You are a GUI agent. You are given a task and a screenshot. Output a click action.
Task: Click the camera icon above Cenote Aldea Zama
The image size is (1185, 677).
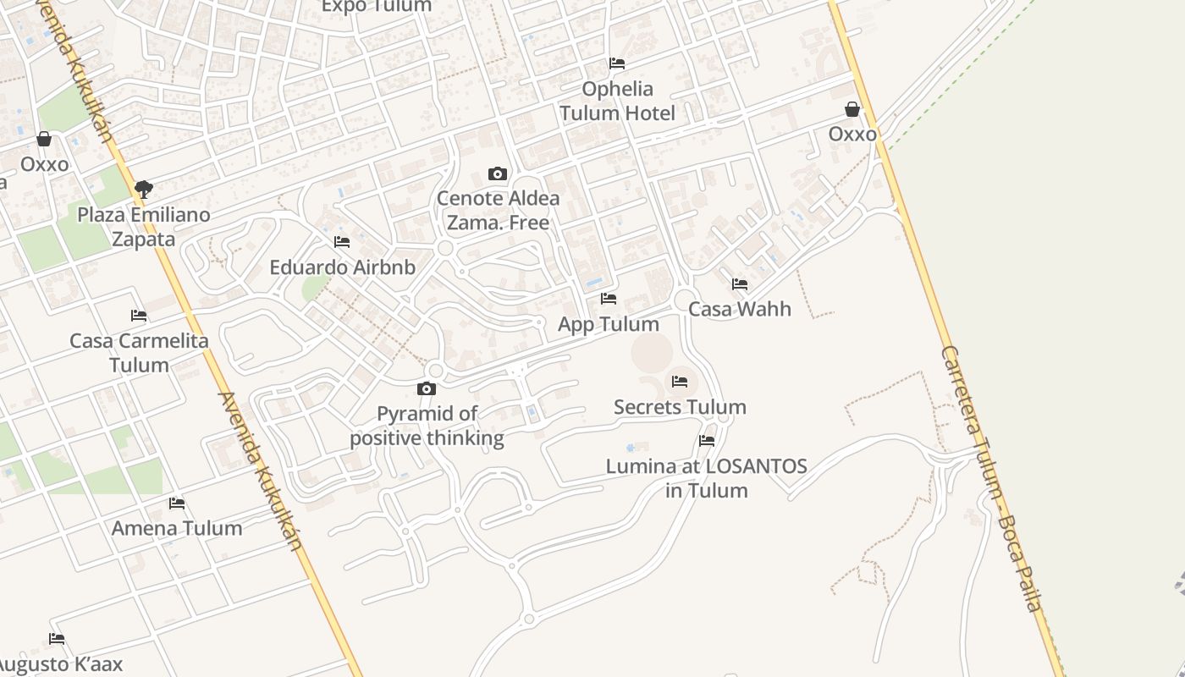tap(498, 174)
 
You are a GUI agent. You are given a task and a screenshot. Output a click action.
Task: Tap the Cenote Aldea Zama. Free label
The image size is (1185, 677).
tap(498, 211)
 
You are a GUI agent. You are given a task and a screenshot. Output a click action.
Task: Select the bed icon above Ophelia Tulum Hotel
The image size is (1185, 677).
tap(617, 63)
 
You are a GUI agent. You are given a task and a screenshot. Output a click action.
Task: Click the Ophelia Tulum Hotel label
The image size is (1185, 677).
tap(617, 101)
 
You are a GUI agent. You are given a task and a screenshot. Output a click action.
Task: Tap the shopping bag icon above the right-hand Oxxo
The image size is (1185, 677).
tap(852, 110)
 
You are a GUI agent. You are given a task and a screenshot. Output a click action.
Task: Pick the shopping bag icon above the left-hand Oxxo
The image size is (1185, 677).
tap(44, 139)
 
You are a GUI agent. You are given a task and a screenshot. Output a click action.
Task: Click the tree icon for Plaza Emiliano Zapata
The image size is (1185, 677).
tap(144, 189)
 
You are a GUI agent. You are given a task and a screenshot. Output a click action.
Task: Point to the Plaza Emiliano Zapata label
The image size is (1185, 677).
tap(144, 227)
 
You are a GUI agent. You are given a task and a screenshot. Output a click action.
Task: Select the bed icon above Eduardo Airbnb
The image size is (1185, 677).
tap(342, 242)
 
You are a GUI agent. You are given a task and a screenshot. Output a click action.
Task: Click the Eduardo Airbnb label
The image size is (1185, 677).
tap(342, 267)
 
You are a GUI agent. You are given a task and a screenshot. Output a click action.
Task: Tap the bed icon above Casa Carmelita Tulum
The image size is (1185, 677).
tap(139, 316)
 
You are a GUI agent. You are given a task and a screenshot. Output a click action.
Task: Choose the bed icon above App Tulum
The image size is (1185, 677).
tap(609, 299)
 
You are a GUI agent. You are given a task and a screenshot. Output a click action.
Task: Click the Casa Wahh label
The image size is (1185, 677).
tap(740, 309)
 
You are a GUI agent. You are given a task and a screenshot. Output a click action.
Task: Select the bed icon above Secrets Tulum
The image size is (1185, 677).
tap(680, 382)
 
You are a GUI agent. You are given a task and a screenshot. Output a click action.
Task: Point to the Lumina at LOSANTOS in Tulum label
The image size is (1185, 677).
tap(706, 478)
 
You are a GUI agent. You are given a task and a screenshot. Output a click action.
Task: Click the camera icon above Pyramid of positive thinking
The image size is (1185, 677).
tap(427, 389)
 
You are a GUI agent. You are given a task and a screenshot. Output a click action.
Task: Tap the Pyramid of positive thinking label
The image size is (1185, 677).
tap(427, 426)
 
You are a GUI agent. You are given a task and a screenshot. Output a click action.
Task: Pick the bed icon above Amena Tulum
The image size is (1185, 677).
tap(177, 503)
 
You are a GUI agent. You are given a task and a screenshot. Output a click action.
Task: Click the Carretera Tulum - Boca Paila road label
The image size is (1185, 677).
tap(991, 478)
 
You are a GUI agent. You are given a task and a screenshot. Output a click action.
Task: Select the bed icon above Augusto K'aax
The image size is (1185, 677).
tap(57, 638)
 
